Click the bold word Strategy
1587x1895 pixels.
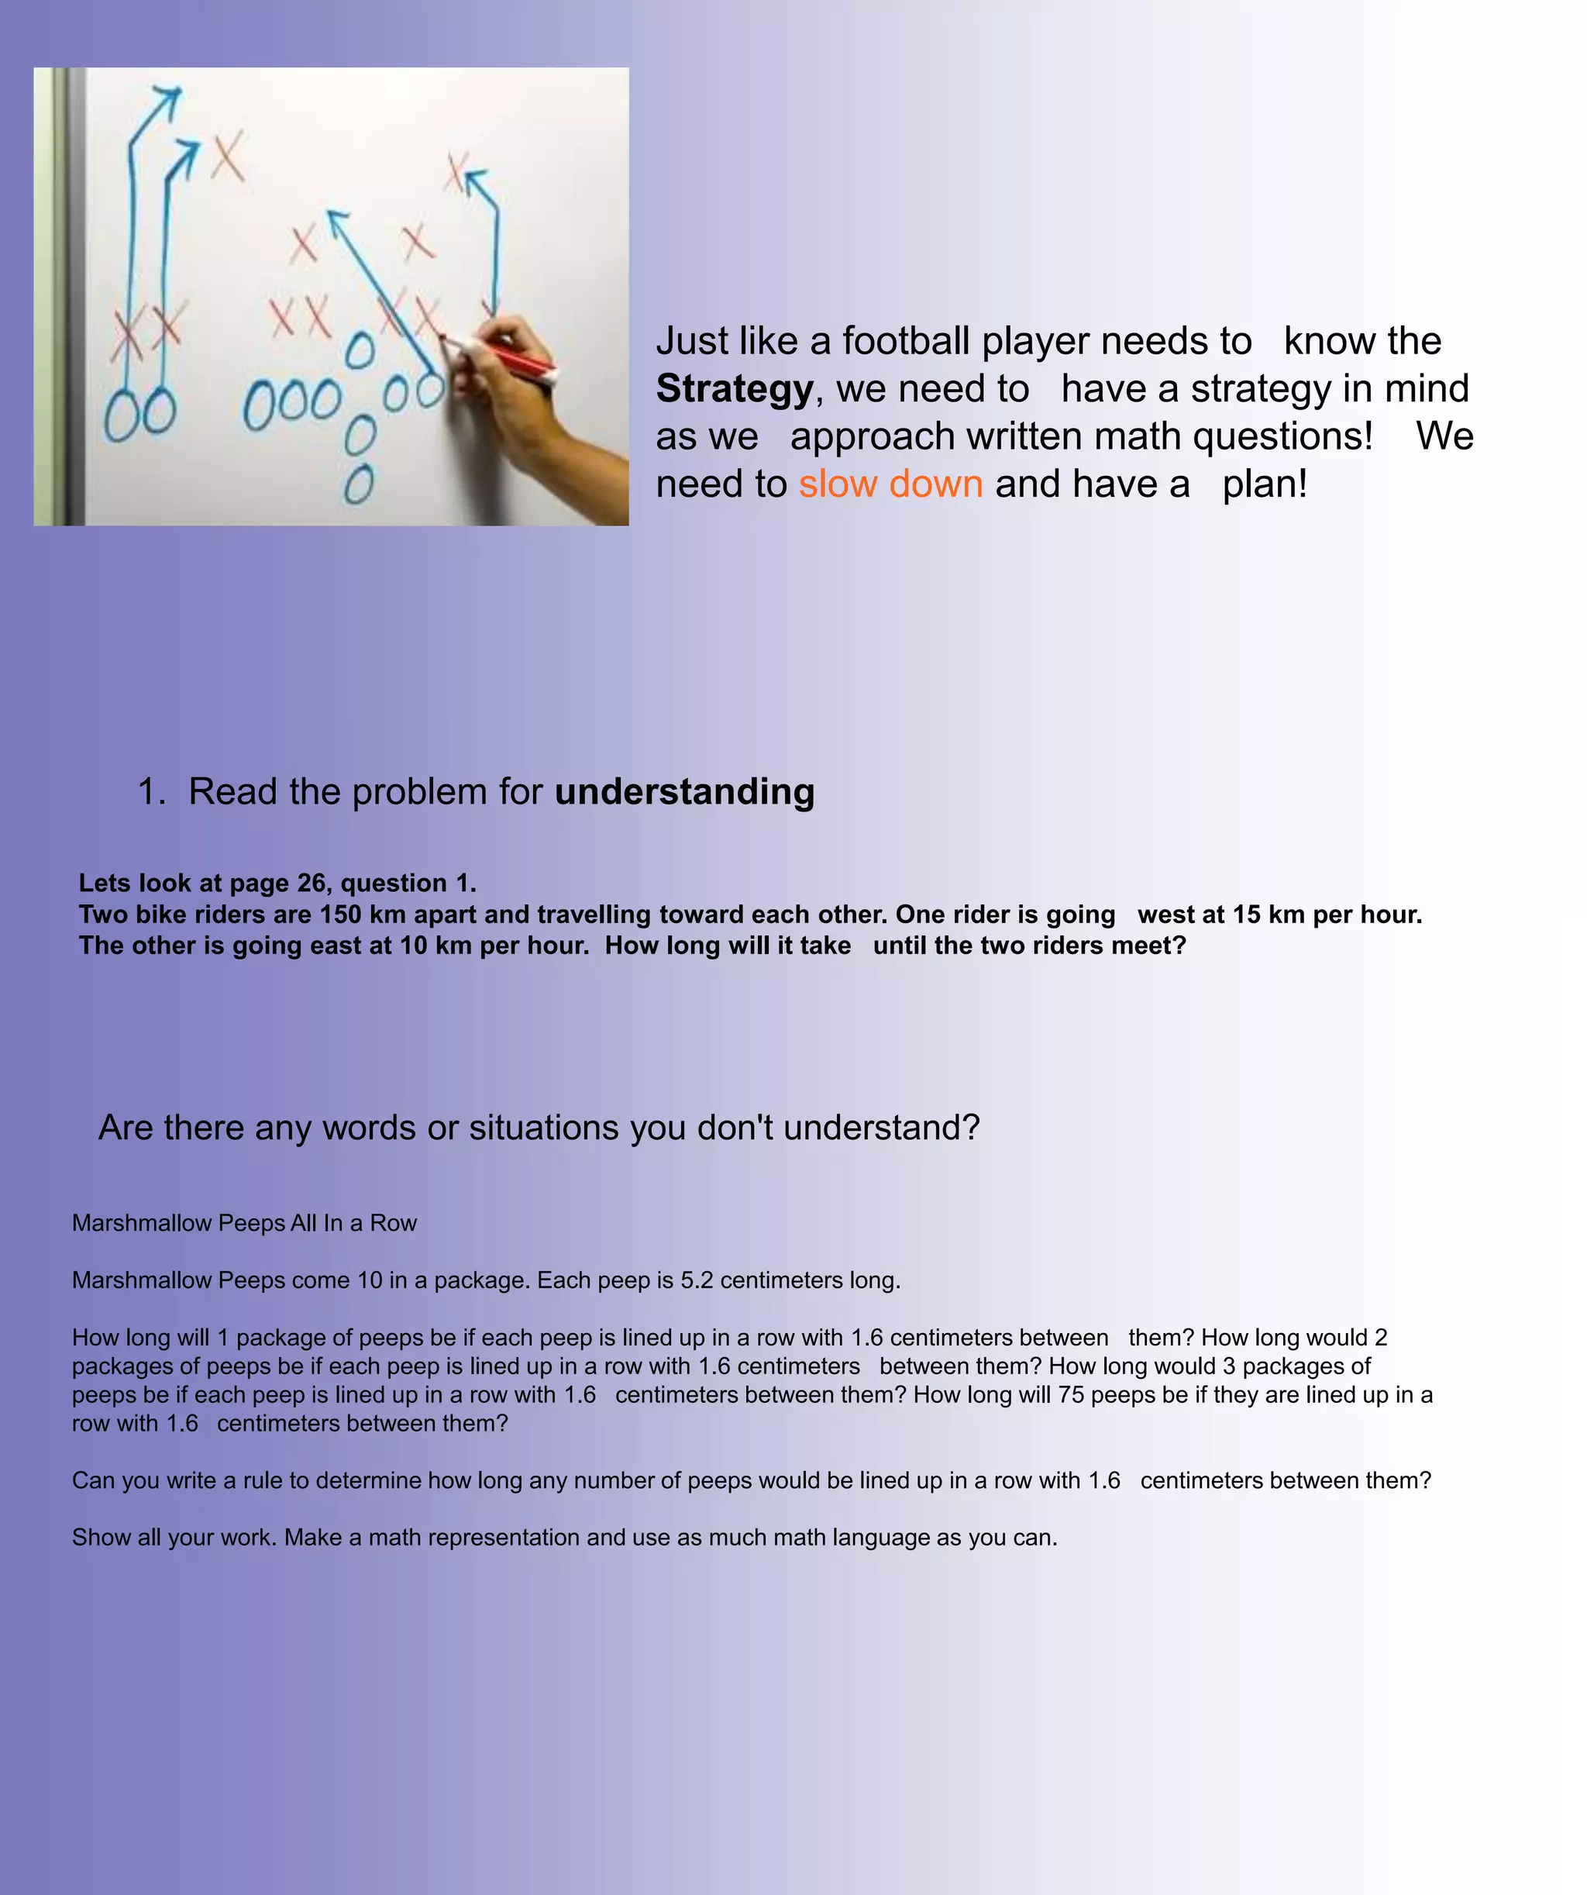coord(735,389)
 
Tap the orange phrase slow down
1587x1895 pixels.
coord(890,484)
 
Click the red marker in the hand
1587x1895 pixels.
coord(501,356)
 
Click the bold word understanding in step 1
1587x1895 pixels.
coord(684,792)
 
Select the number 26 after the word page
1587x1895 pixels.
coord(312,883)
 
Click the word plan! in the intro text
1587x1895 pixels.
coord(1264,484)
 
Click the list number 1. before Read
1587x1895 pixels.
coord(152,792)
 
